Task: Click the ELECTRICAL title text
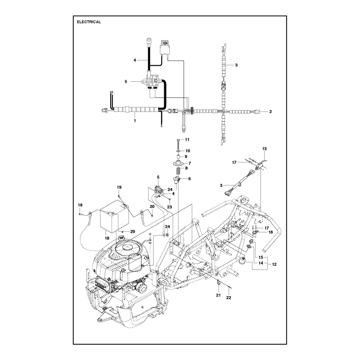tap(89, 22)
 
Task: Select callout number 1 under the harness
tap(135, 121)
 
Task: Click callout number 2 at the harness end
tap(270, 112)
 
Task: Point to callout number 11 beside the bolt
tap(187, 139)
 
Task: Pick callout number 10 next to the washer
tap(188, 151)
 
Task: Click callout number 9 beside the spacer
tap(186, 157)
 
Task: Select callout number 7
tap(189, 163)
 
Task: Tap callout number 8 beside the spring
tap(186, 168)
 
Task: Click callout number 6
tap(189, 179)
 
